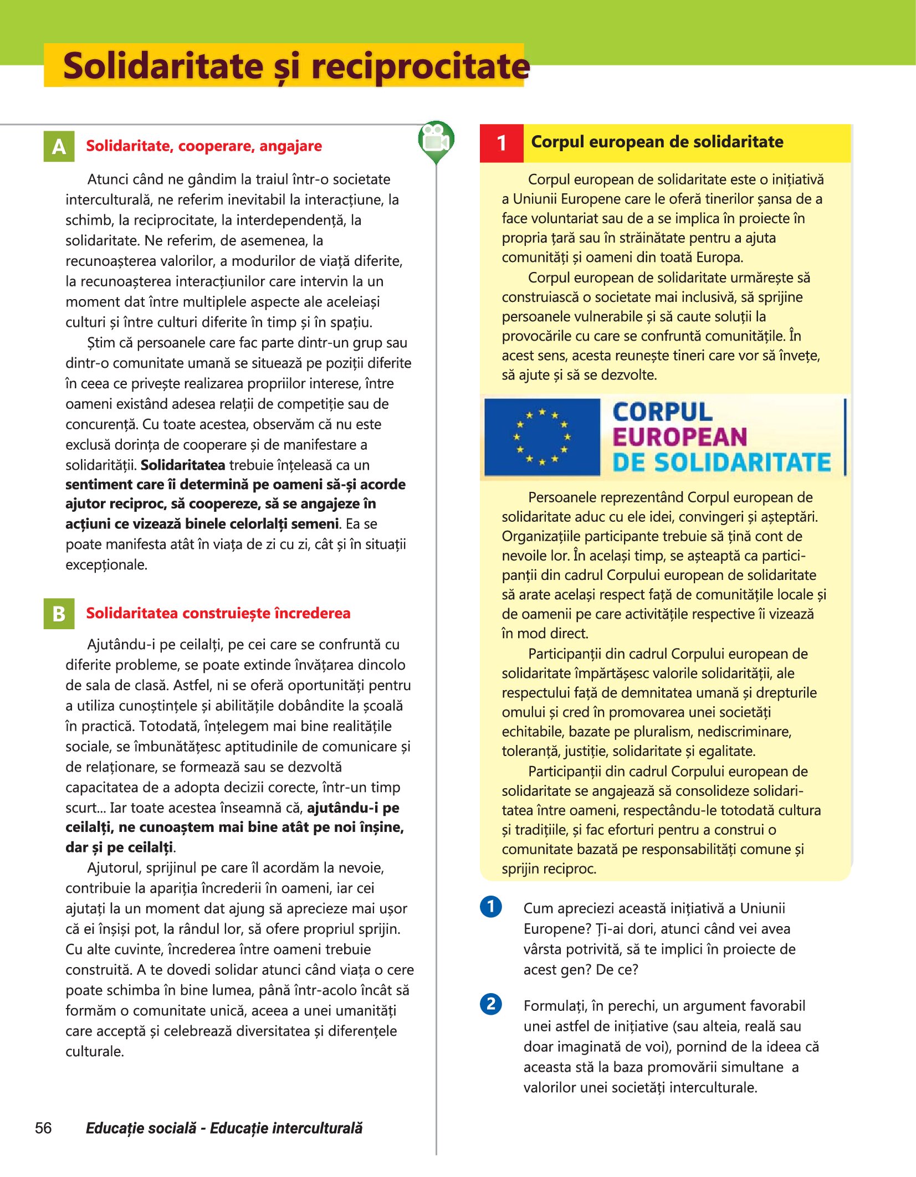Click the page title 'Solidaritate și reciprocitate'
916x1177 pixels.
point(295,66)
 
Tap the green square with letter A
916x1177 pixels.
point(59,147)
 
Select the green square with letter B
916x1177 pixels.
point(59,614)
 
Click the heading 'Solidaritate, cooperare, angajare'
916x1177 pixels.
point(204,146)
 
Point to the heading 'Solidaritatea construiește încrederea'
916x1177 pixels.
point(218,613)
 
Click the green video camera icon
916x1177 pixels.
point(436,141)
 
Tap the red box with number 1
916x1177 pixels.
point(502,143)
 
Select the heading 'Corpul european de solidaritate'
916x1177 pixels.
point(657,142)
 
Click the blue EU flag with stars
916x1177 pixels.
point(542,437)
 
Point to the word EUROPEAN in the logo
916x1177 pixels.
point(680,437)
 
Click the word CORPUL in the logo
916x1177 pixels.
point(662,412)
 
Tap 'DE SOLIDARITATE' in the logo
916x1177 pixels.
point(721,462)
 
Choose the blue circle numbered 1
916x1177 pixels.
point(491,907)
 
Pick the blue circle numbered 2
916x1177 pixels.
point(491,1004)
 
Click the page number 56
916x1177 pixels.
point(43,1128)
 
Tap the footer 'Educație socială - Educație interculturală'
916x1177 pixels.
point(224,1128)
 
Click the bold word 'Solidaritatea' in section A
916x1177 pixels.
point(183,465)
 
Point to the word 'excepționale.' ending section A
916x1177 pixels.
point(106,565)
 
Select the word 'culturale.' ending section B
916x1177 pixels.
point(94,1051)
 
